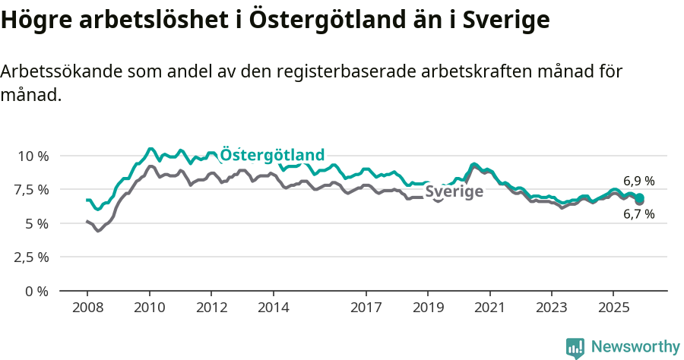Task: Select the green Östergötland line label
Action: [272, 155]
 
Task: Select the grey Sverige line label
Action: [454, 191]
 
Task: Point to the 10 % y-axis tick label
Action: [33, 156]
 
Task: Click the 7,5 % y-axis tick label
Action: [33, 189]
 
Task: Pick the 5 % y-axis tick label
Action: [38, 223]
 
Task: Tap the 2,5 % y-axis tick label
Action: [33, 257]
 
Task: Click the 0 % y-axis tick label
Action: [38, 291]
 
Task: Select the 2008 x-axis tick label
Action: [87, 308]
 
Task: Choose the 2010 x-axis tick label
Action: [150, 308]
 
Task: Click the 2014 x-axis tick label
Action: [274, 308]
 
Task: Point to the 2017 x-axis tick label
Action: [366, 308]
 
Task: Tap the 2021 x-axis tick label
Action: [489, 308]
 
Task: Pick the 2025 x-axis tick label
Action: [613, 308]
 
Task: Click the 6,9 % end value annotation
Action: [638, 182]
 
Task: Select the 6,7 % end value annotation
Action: [638, 215]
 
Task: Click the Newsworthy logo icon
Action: [575, 348]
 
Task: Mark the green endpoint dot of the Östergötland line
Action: [639, 198]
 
